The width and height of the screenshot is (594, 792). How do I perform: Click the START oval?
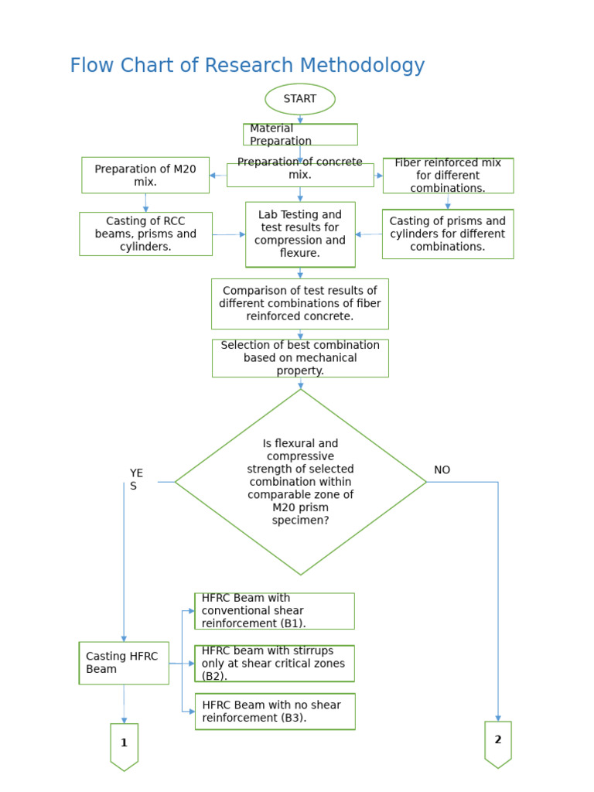tap(300, 99)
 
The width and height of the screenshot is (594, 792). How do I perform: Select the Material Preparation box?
tap(300, 135)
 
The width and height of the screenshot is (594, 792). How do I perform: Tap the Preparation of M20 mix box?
tap(145, 175)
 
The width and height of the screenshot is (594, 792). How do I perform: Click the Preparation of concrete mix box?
tap(300, 175)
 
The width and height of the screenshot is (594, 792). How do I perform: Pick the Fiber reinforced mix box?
tap(448, 176)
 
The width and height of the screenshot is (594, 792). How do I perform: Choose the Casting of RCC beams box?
tap(145, 234)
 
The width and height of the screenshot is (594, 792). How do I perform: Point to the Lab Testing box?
tap(300, 234)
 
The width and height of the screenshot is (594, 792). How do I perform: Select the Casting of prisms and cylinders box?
tap(448, 234)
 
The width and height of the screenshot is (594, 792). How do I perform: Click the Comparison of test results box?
tap(300, 303)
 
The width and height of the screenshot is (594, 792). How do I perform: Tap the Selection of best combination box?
tap(300, 358)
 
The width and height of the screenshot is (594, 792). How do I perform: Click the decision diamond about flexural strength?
tap(300, 482)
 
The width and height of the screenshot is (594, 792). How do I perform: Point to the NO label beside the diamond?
tap(442, 470)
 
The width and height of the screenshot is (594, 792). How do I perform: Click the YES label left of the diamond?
tap(136, 480)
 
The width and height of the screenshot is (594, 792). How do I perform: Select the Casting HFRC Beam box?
tap(124, 663)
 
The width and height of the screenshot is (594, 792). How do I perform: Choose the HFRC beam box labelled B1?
tap(275, 611)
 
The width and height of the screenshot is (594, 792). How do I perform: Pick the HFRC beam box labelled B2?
tap(275, 663)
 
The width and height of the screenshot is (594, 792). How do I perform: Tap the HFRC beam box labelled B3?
tap(275, 712)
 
